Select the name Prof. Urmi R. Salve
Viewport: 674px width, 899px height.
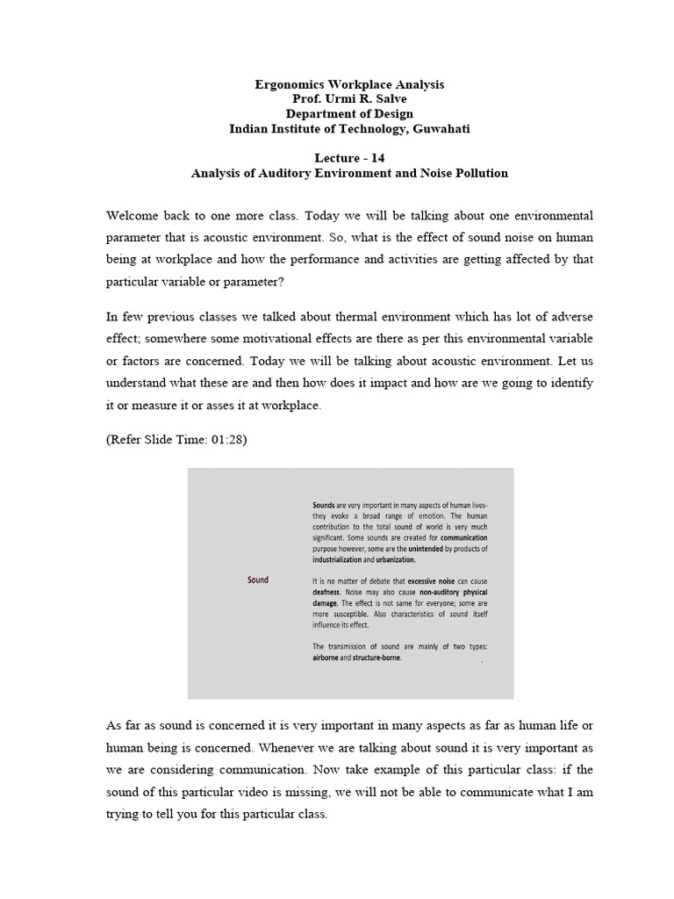click(349, 99)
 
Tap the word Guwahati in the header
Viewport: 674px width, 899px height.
click(439, 128)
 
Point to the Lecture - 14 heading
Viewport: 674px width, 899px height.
click(349, 158)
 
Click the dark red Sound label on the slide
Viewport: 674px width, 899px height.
click(258, 579)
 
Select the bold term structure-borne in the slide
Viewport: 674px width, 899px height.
click(377, 657)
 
